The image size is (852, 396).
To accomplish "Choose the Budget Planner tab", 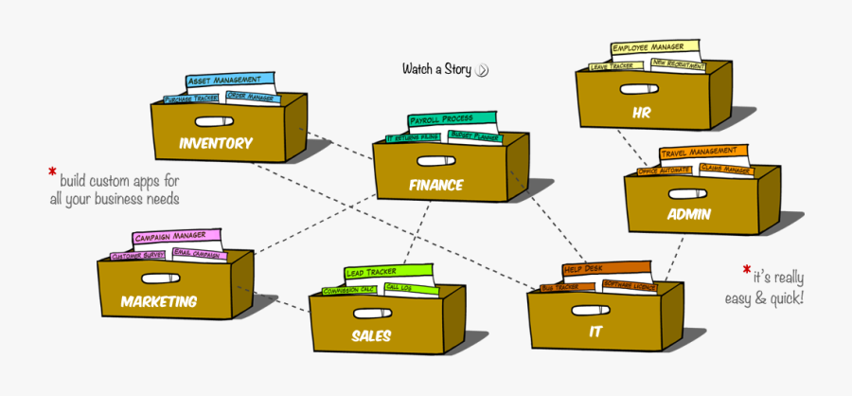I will point(476,136).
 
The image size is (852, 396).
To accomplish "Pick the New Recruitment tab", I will point(678,64).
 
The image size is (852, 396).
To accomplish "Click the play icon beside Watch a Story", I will point(483,69).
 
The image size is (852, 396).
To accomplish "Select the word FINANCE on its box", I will point(436,185).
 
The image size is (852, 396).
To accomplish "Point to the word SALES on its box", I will point(371,335).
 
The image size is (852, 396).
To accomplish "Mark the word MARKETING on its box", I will point(159,301).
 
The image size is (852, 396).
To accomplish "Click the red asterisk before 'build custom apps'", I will point(52,173).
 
